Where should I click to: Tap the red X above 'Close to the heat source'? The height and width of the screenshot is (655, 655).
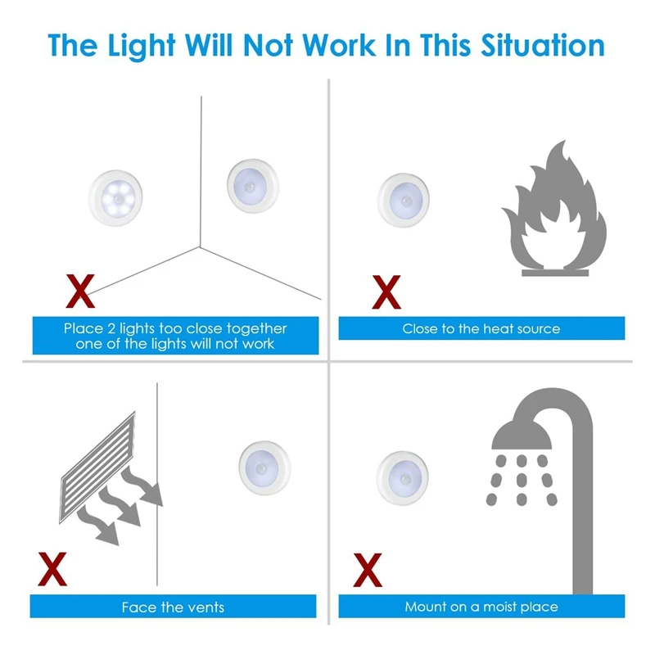(386, 291)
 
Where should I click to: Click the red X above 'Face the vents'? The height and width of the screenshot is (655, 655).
(54, 569)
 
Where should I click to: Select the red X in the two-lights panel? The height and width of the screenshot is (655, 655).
(79, 289)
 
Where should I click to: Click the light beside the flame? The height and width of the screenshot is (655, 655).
(403, 200)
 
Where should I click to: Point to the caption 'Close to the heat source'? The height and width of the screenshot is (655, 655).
(481, 329)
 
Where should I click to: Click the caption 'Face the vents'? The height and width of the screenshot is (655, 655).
(173, 607)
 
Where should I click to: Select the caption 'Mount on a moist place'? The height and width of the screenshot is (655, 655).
(481, 607)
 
